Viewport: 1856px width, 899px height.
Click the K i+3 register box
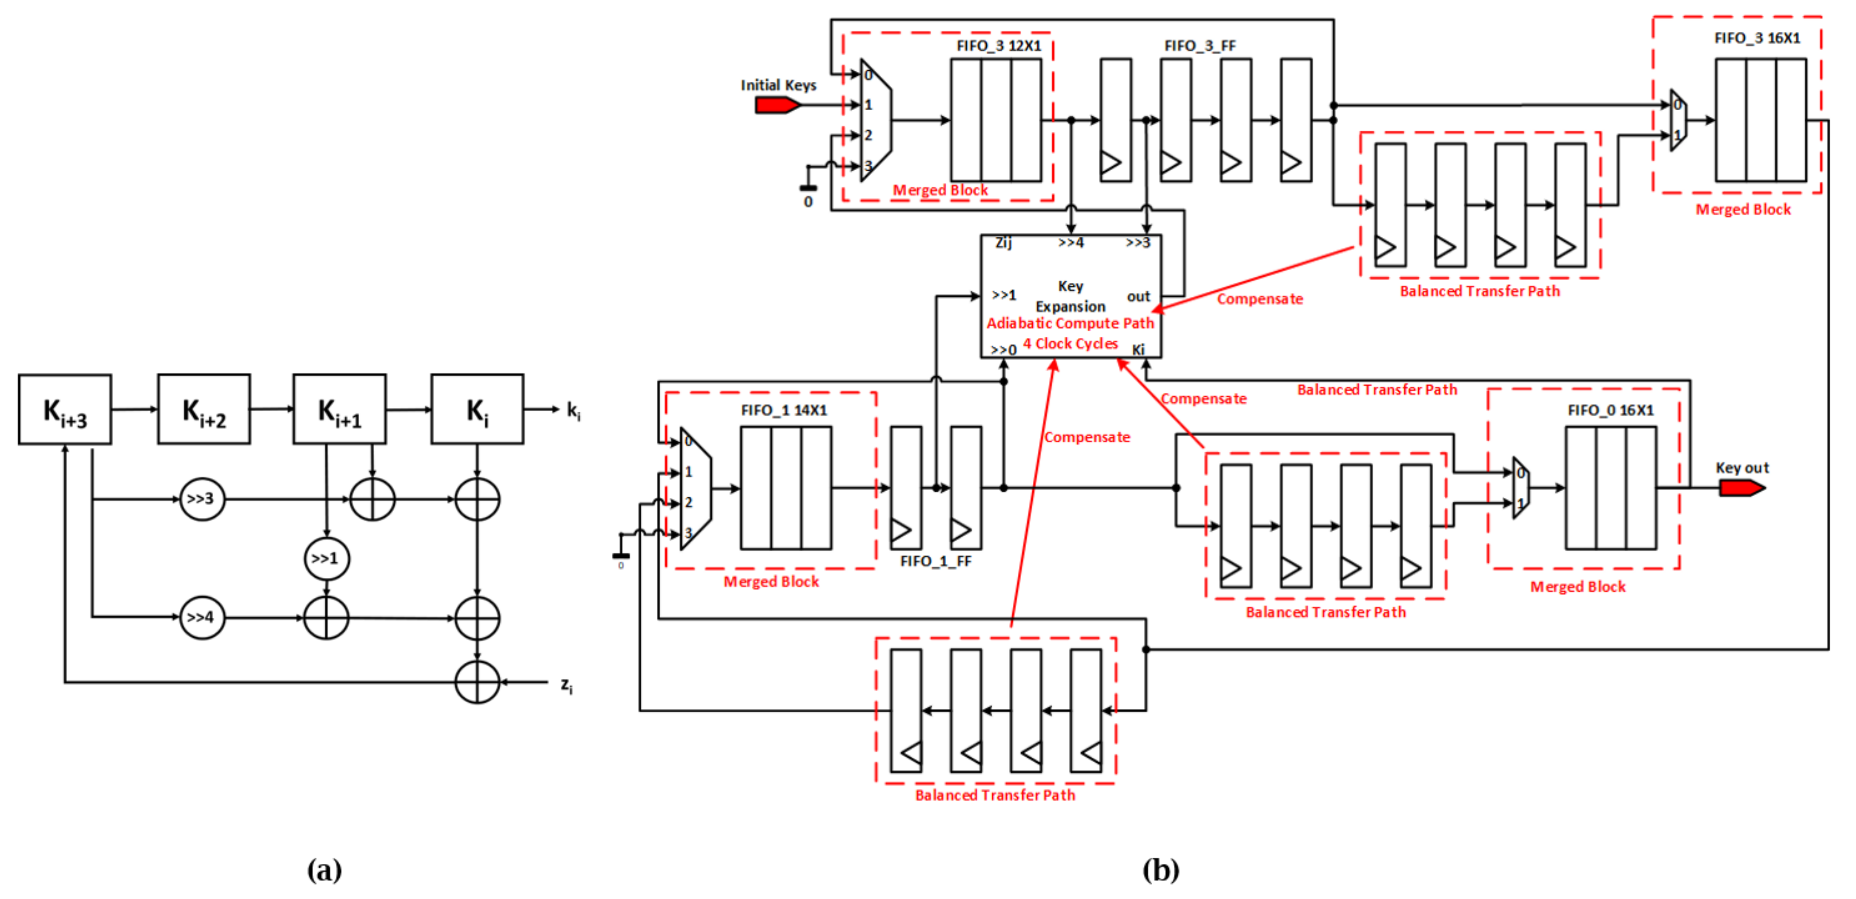(65, 410)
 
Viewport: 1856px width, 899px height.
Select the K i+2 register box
(204, 410)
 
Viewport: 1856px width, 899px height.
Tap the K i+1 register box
(339, 410)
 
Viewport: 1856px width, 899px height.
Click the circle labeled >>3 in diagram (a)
(202, 499)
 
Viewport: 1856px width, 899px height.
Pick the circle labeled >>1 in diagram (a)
(326, 559)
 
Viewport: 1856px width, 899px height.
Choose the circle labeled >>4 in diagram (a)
(202, 618)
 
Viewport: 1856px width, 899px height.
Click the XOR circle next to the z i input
(477, 682)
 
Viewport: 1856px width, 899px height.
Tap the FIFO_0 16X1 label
(1610, 410)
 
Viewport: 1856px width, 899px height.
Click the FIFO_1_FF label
(935, 561)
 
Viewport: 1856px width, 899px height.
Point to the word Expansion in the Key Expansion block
(1070, 306)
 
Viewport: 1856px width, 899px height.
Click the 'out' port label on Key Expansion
(1138, 296)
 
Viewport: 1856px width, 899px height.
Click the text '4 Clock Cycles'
(1070, 344)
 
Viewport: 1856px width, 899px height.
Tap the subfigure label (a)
(324, 870)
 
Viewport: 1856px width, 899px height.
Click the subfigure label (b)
(1161, 870)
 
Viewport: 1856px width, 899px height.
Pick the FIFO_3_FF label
(1200, 45)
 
